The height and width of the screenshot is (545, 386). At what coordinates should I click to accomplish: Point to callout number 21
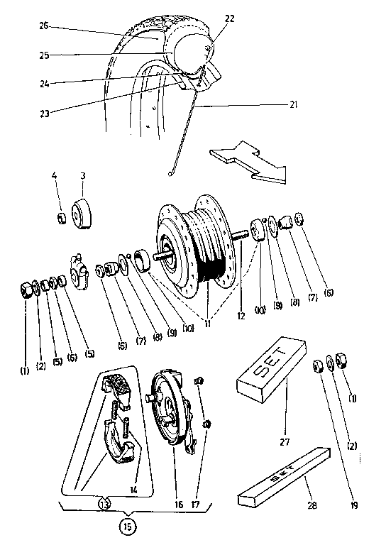293,105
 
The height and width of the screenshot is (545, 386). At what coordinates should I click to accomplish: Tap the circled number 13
106,505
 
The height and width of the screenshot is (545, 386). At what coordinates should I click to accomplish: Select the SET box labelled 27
272,369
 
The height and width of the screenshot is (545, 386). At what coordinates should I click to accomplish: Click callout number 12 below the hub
242,309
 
